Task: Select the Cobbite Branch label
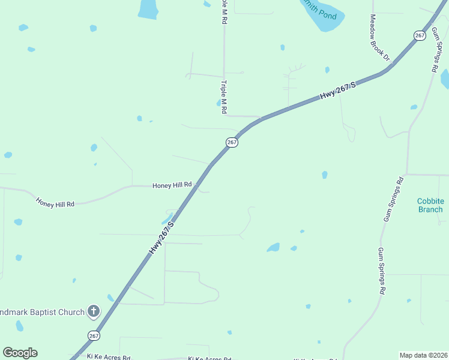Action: click(430, 205)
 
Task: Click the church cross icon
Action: click(94, 311)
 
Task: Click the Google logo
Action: click(20, 353)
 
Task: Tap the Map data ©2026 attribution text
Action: click(423, 355)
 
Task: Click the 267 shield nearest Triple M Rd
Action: click(232, 142)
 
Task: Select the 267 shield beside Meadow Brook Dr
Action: click(420, 35)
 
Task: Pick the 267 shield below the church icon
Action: click(94, 335)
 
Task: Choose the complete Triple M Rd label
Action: click(224, 98)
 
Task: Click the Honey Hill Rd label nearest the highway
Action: click(172, 185)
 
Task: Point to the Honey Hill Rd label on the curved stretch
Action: click(55, 203)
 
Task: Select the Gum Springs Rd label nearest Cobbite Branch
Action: click(393, 199)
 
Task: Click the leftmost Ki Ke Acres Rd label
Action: click(109, 357)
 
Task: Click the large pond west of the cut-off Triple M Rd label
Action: click(148, 8)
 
